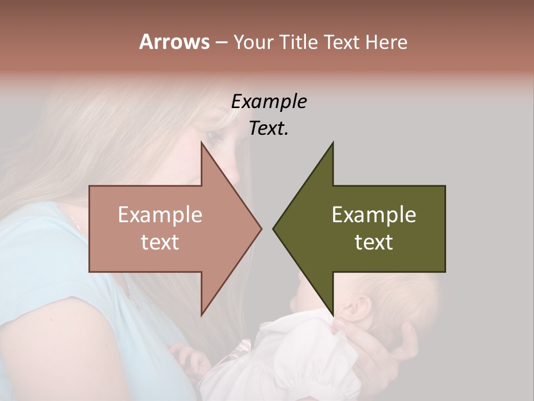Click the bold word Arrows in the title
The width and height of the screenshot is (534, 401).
click(174, 42)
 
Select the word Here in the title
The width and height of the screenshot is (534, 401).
click(386, 42)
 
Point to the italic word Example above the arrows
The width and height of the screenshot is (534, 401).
click(269, 101)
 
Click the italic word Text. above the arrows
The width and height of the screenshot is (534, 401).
click(269, 128)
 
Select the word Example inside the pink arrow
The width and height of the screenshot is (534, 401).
click(160, 215)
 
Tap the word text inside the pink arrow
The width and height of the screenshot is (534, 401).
click(160, 242)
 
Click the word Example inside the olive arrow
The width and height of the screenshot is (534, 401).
click(374, 215)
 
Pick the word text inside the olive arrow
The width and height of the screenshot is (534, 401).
click(374, 242)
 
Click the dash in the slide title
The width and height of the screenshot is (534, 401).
click(221, 43)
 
